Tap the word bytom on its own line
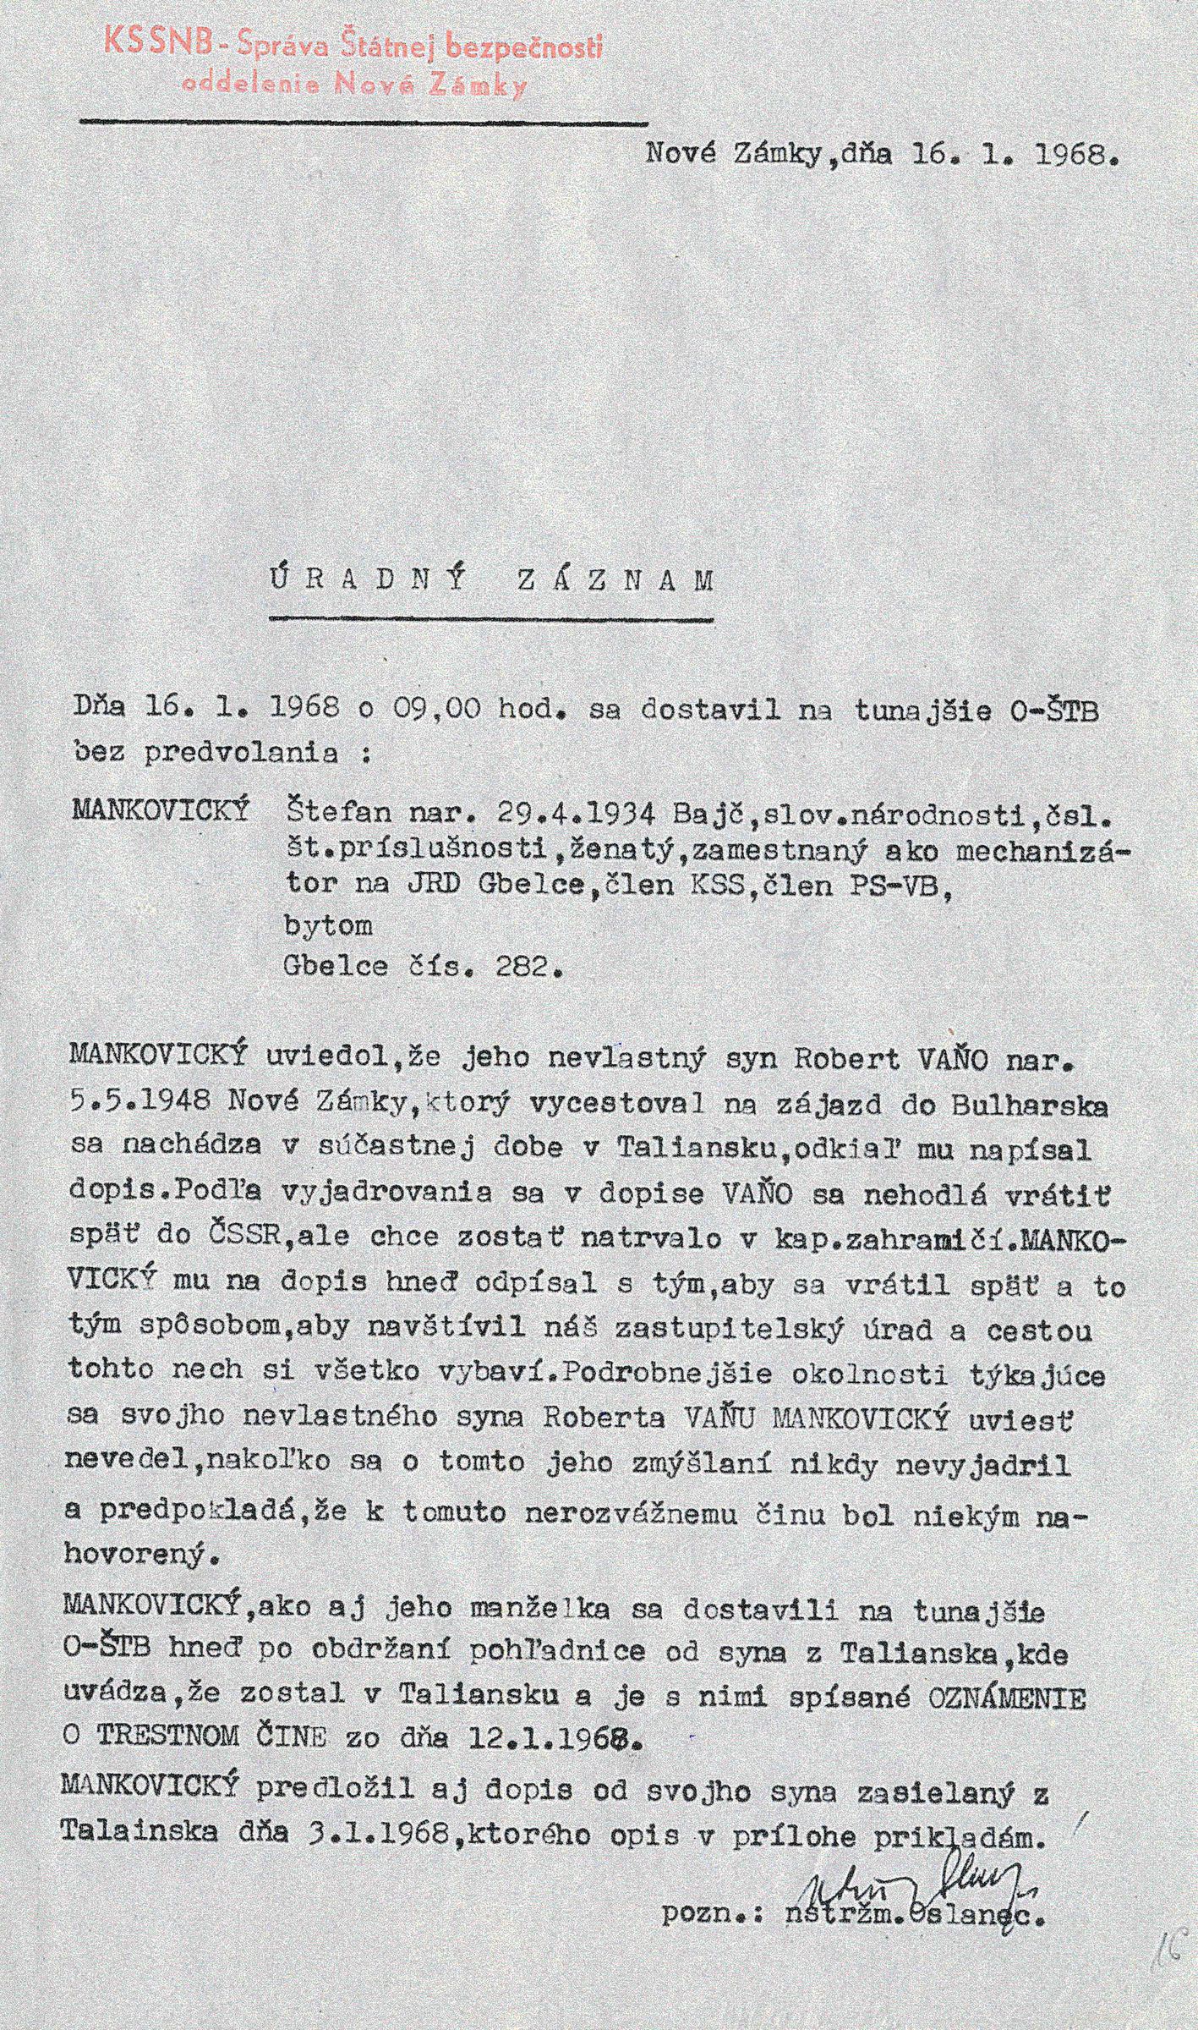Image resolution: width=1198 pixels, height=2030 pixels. point(330,926)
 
